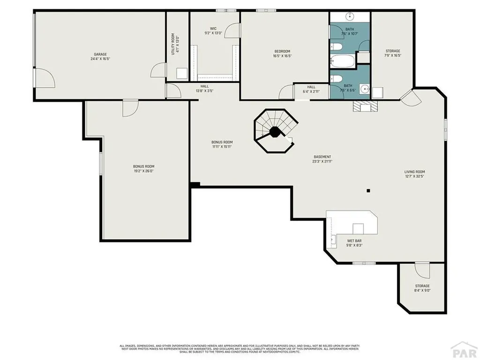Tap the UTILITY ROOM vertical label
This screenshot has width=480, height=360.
point(174,44)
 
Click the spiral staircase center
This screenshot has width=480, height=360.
point(275,132)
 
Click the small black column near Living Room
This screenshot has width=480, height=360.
point(368,190)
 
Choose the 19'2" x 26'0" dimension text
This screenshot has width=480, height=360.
point(143,171)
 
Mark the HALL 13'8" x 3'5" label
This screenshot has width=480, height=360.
point(204,89)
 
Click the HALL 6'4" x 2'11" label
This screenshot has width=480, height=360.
point(311,89)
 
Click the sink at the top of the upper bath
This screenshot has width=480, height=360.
point(350,17)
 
